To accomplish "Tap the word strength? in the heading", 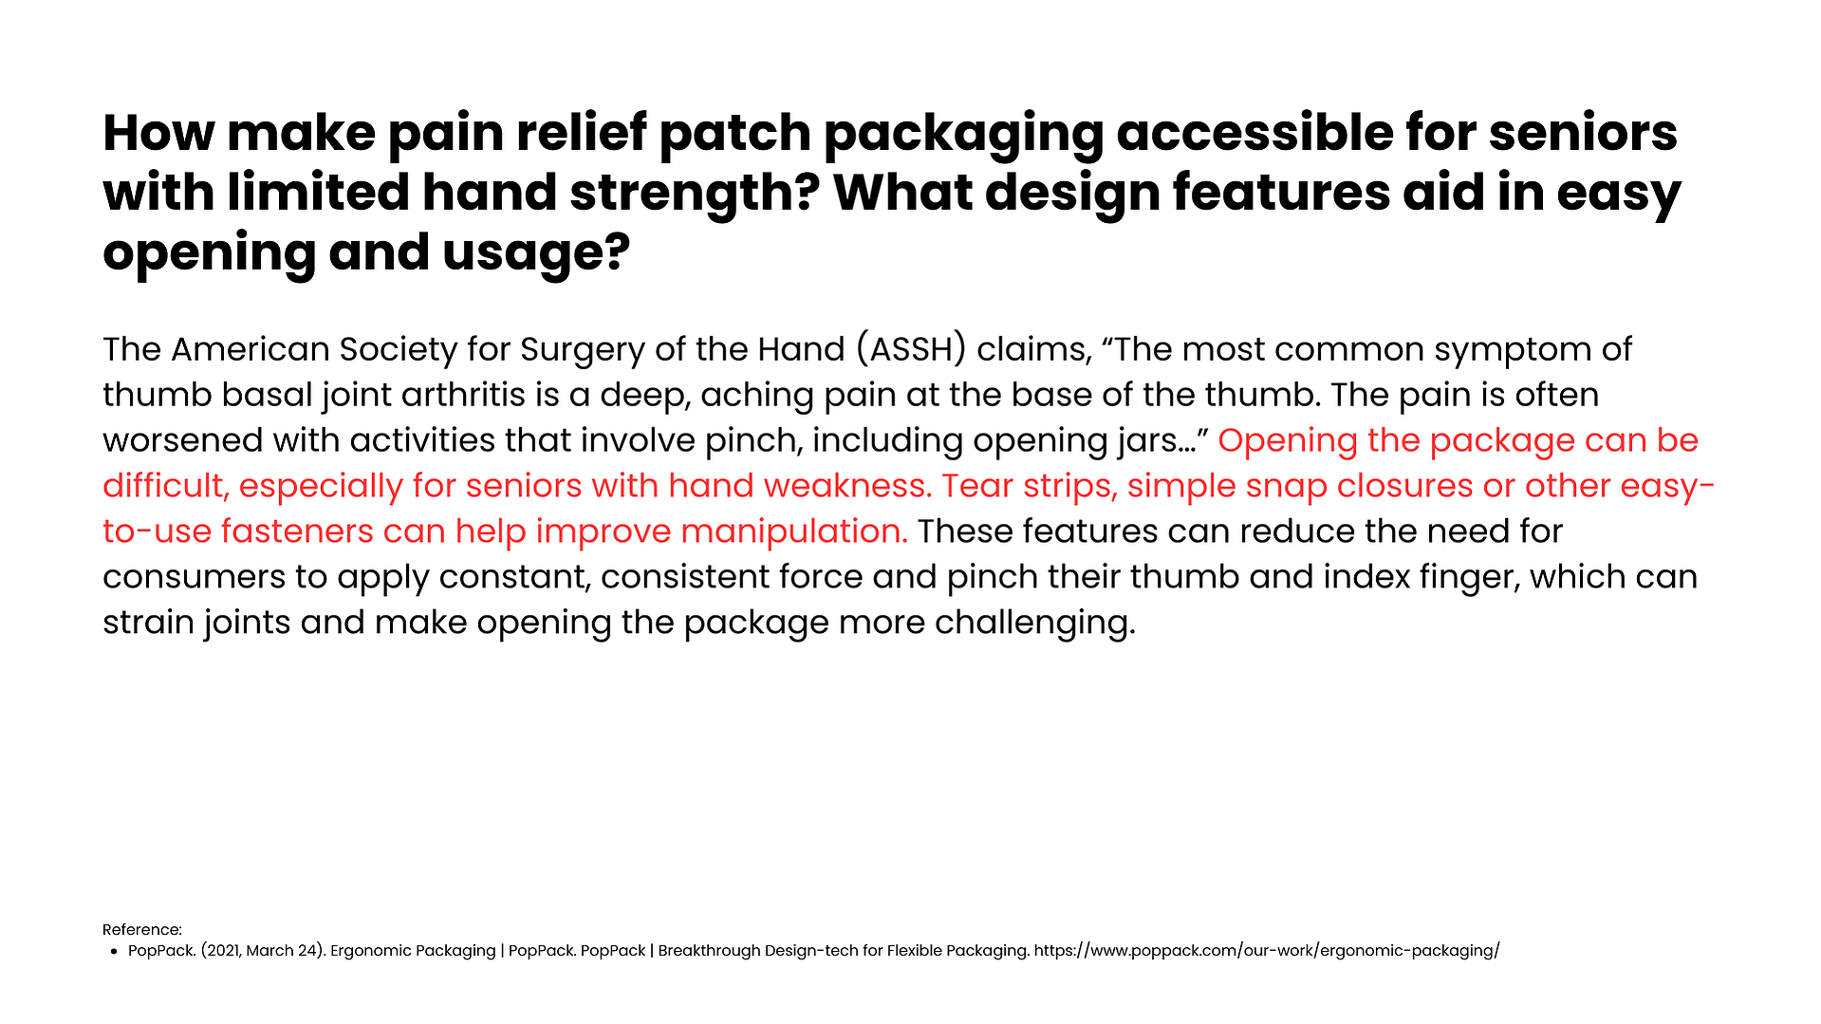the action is (x=695, y=194).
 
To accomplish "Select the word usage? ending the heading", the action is (x=536, y=253).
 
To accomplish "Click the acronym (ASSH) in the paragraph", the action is (x=911, y=349).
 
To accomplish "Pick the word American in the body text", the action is (x=251, y=349).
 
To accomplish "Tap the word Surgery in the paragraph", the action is (x=583, y=350).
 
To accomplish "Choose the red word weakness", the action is (x=847, y=486).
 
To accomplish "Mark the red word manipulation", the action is (x=794, y=532).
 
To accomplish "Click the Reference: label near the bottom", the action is (x=142, y=930).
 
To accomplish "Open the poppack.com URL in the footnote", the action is (x=1267, y=951).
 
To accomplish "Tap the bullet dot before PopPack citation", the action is (x=114, y=952).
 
